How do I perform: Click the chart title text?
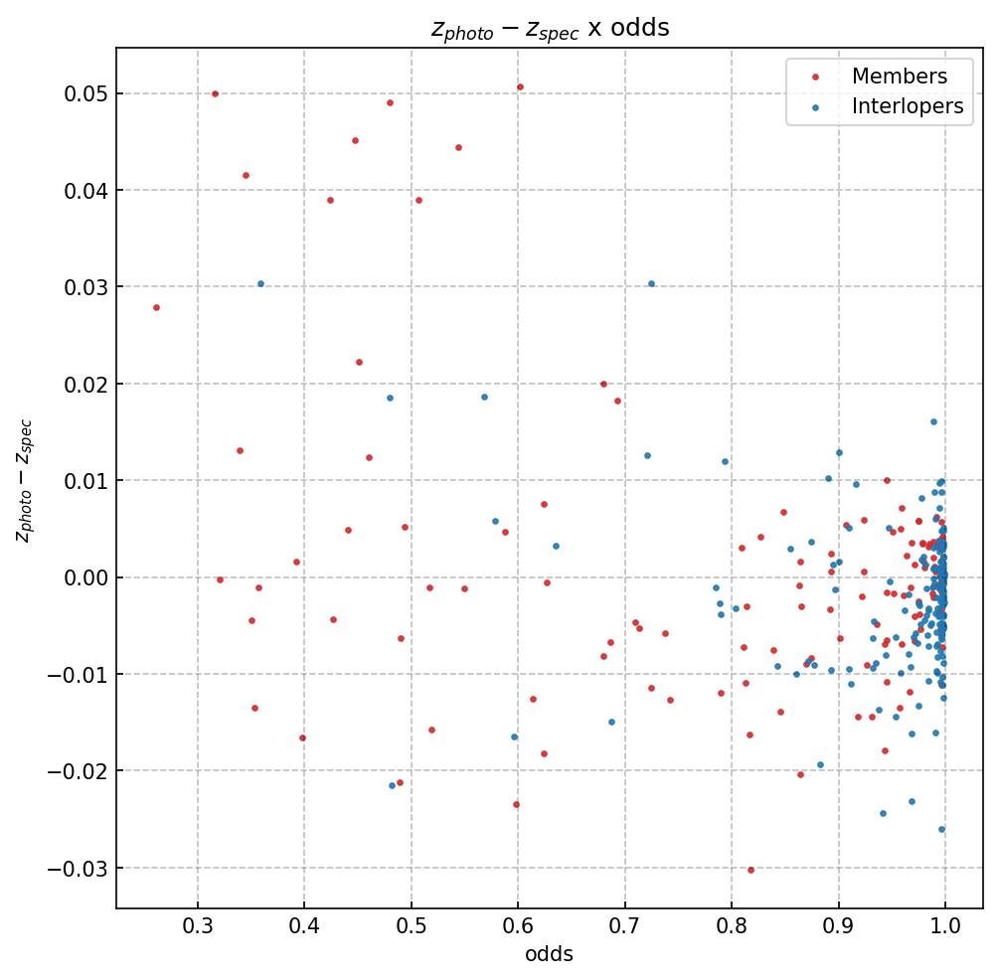(550, 28)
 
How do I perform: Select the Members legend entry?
(899, 77)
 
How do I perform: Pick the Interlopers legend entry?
(908, 107)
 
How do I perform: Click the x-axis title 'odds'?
(550, 955)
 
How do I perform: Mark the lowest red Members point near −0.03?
(750, 870)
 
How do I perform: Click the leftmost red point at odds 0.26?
(156, 307)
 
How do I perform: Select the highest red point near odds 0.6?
(520, 86)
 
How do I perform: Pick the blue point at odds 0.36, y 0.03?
(260, 283)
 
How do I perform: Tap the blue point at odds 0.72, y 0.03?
(651, 283)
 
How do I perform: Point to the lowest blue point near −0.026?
(941, 829)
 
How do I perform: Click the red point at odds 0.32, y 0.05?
(215, 93)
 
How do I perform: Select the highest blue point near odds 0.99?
(933, 421)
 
